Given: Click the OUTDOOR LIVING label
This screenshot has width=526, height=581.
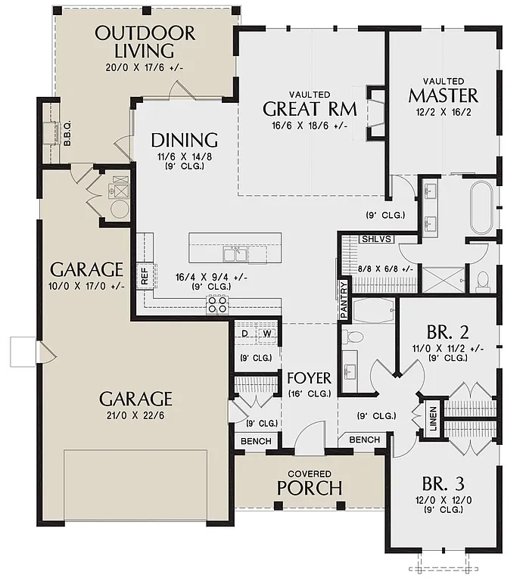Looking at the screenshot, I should point(145,42).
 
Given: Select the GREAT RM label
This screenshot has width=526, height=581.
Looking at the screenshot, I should point(305,107).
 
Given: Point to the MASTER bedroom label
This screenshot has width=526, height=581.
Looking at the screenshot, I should point(443,95).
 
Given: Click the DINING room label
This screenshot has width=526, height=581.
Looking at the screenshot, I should point(184,140).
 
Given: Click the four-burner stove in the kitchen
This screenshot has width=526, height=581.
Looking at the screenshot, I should point(218,304).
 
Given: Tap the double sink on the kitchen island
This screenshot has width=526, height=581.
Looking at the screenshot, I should point(238,252).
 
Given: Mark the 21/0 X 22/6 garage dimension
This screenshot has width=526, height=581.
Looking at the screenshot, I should point(137,416).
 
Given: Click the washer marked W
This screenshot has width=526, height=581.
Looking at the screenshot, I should point(267,333).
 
